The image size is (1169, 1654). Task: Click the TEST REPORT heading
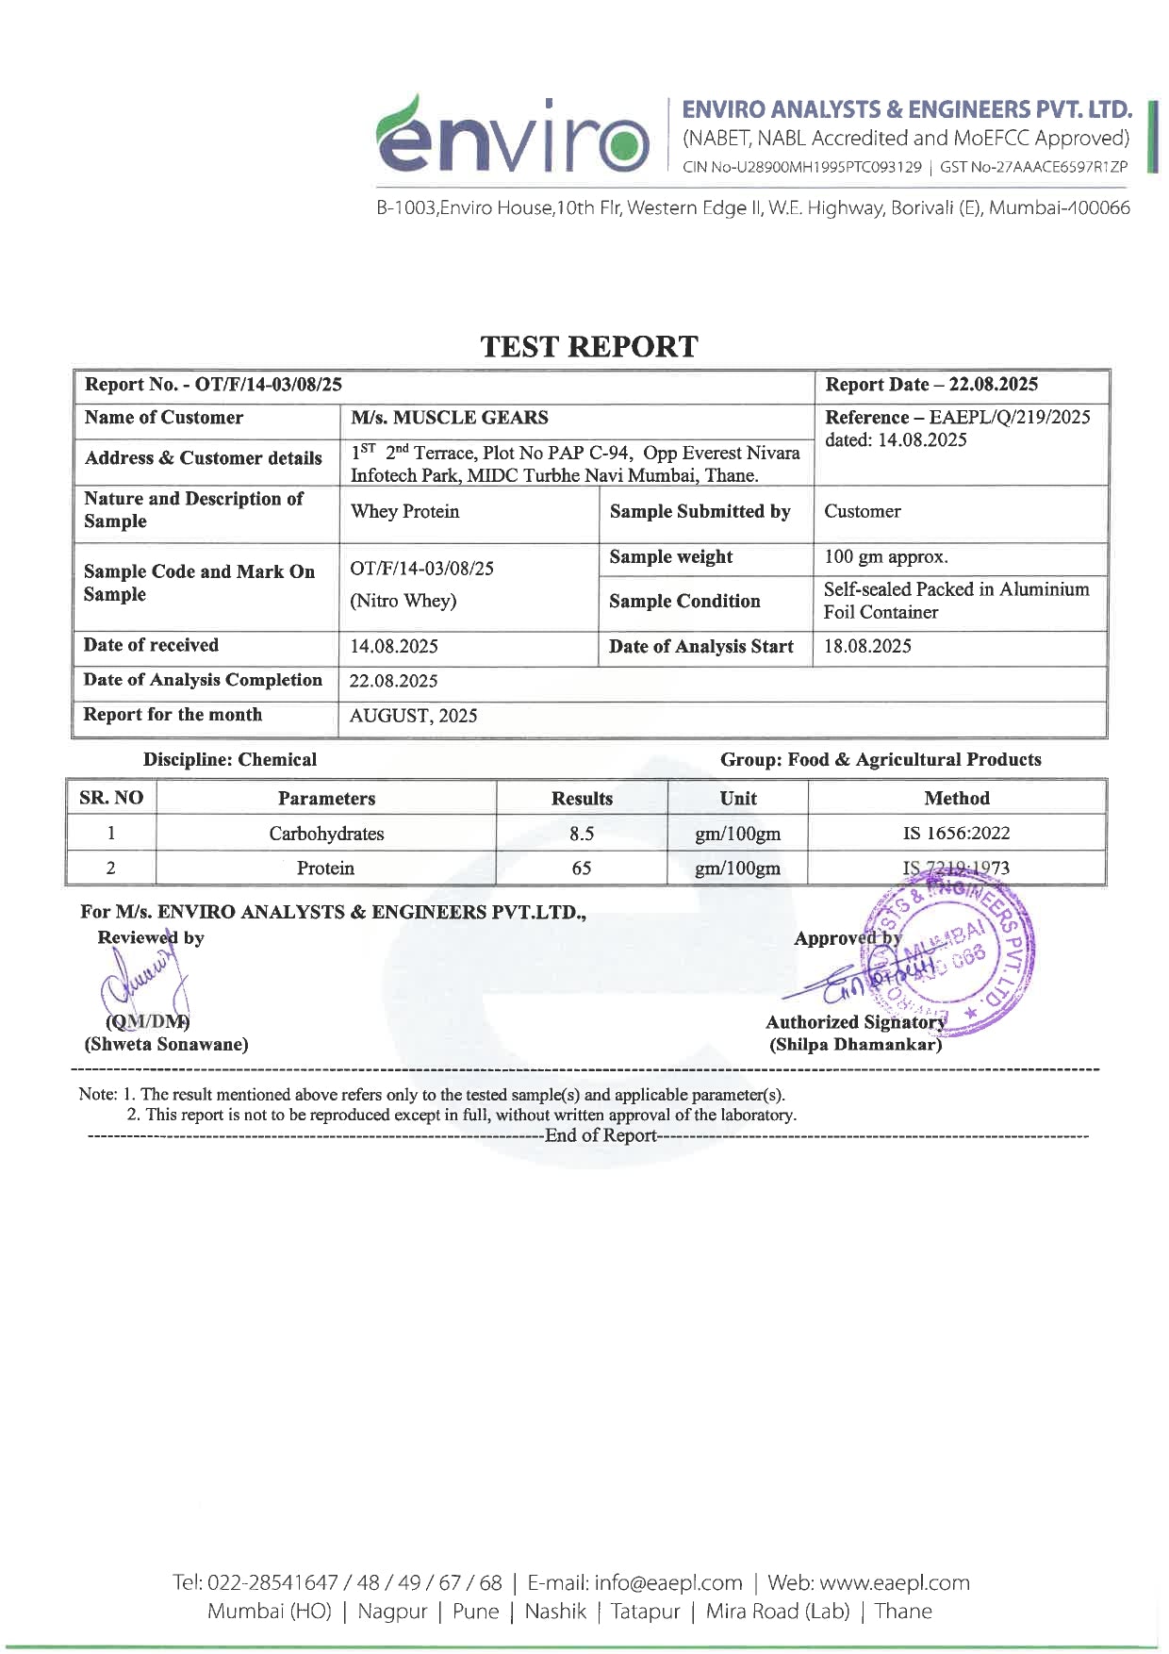[589, 347]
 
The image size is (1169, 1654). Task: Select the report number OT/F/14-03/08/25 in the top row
[268, 385]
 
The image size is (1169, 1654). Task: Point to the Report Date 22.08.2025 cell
[931, 385]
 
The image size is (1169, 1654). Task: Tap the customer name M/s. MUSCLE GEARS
[449, 418]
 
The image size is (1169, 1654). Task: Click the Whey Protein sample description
[404, 512]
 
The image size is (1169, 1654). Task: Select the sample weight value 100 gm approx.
[885, 557]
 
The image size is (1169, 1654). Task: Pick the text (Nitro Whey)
[403, 601]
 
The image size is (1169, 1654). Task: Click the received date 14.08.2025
[393, 647]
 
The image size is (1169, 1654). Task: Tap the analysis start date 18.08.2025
[867, 647]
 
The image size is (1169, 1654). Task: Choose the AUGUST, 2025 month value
[413, 716]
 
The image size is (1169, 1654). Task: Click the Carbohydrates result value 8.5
[582, 834]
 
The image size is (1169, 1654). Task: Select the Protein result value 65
[582, 868]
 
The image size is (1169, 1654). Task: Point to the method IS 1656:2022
[956, 834]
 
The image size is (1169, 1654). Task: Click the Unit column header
[737, 799]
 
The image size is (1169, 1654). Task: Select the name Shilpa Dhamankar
[855, 1045]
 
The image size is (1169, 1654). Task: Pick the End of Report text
[600, 1135]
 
